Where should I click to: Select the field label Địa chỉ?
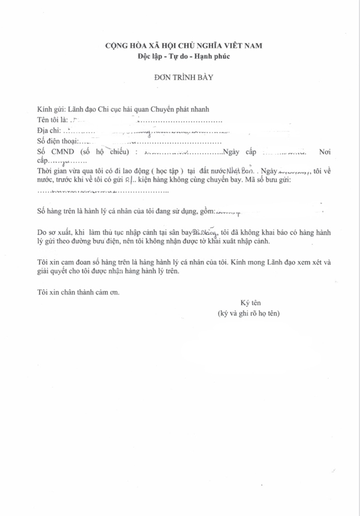[x=50, y=131]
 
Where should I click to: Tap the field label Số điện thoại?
[x=57, y=141]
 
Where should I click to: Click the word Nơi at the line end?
[x=325, y=152]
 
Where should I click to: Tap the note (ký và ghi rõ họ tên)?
[x=248, y=313]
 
